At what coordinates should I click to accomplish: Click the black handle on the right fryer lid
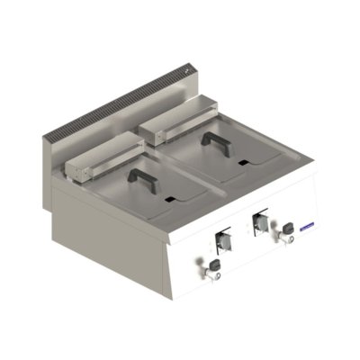(215, 140)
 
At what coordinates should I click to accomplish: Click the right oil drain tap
(291, 229)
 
